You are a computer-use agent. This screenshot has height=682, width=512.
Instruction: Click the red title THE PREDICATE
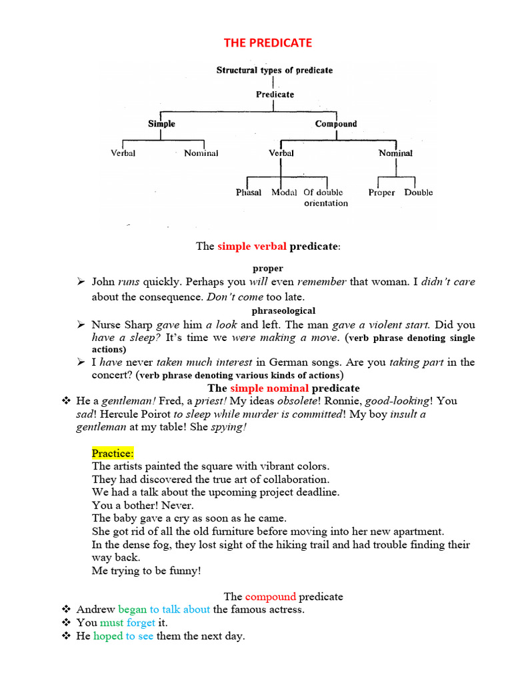267,43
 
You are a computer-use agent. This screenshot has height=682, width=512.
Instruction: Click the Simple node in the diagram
161,124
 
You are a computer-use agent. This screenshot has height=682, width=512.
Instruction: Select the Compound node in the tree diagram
336,124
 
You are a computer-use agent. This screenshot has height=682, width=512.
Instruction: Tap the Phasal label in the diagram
249,192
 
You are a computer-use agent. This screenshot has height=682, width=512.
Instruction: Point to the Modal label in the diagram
284,192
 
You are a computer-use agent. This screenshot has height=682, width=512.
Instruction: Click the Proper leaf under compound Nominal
381,192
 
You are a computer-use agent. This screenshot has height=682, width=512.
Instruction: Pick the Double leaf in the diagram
418,192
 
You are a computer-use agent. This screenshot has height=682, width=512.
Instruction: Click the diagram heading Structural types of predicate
274,70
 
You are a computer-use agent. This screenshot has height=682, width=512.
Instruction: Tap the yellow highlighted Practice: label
113,454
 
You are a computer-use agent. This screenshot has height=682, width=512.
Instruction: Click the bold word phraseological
283,310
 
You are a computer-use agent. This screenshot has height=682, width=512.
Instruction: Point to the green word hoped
108,636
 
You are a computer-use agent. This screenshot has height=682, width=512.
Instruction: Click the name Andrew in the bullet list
96,609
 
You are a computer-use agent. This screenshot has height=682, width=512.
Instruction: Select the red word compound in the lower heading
270,596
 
